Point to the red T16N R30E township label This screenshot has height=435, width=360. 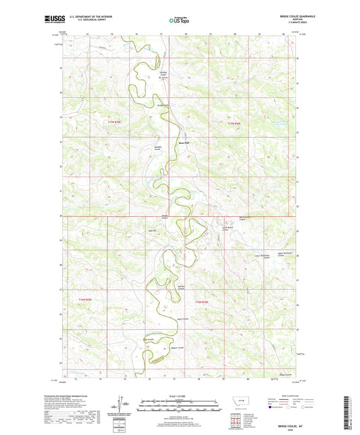tap(203, 301)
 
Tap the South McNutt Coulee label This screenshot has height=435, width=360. tap(225, 228)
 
